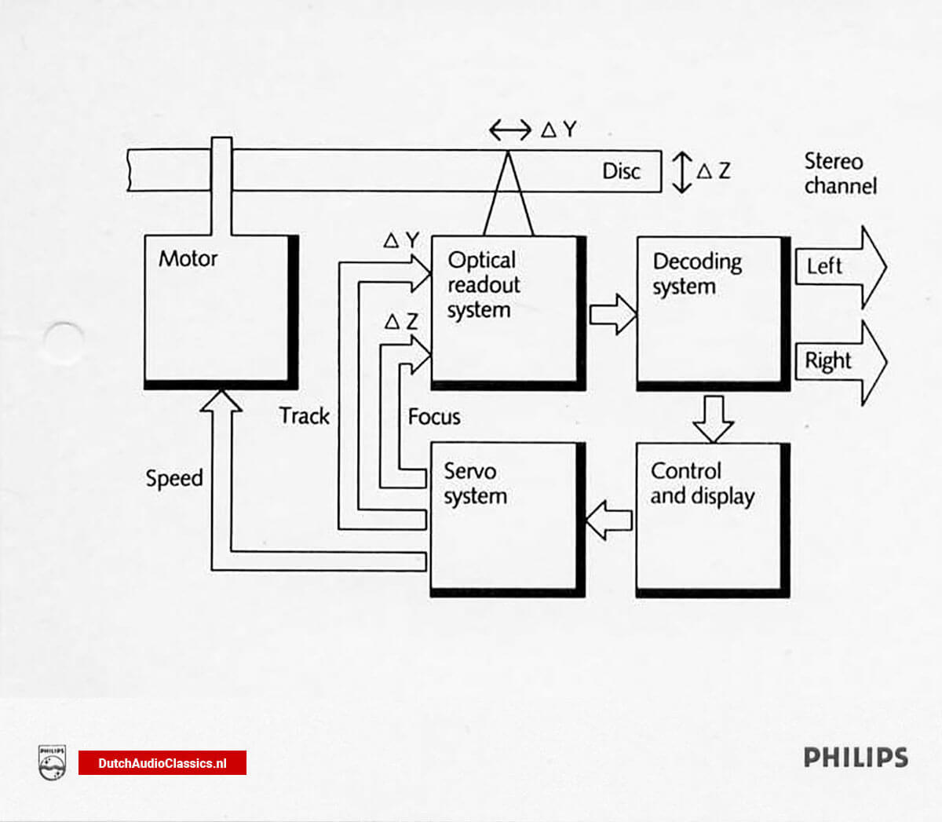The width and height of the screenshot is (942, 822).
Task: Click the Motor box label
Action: click(188, 258)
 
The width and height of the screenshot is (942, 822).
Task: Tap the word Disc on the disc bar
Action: click(621, 171)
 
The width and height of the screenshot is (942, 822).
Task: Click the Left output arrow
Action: click(840, 267)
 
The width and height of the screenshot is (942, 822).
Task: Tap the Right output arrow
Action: click(840, 362)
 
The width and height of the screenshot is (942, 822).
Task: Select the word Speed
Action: click(174, 478)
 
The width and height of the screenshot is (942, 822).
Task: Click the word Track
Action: click(305, 416)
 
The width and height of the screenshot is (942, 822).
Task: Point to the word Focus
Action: click(434, 417)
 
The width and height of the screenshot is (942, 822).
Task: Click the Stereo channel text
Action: click(839, 174)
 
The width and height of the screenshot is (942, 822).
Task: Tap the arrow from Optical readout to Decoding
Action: click(613, 314)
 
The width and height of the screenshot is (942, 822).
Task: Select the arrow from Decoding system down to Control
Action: click(713, 418)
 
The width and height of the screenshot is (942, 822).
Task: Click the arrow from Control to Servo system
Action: click(609, 520)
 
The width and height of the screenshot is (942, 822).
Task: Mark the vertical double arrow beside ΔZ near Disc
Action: click(681, 172)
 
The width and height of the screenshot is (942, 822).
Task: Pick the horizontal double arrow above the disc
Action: click(509, 130)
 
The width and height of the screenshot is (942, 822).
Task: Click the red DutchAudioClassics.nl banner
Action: click(162, 763)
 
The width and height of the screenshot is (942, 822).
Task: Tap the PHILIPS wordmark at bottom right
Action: click(855, 758)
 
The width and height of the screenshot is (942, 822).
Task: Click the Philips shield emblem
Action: click(52, 762)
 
